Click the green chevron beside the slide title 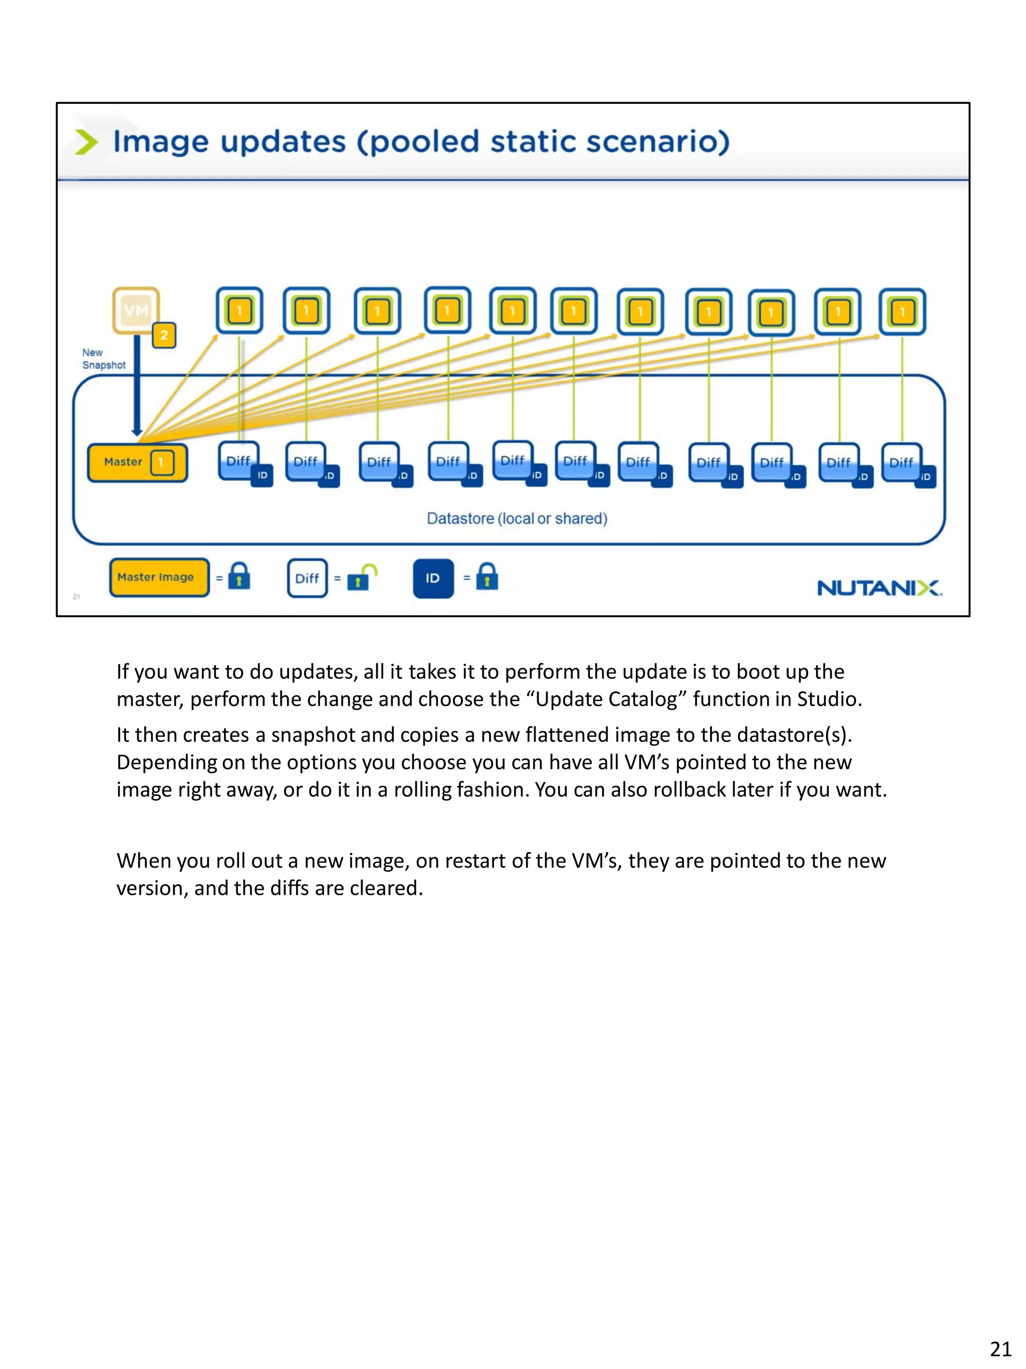click(86, 142)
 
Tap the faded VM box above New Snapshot click(135, 309)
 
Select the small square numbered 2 click(164, 335)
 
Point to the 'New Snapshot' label click(103, 359)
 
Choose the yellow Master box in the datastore click(137, 462)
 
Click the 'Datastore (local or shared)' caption click(517, 519)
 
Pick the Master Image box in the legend click(159, 577)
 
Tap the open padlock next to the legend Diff click(361, 577)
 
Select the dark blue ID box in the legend click(433, 578)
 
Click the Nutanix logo click(879, 588)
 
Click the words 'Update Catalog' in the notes click(606, 699)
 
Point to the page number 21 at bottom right click(1000, 1348)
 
